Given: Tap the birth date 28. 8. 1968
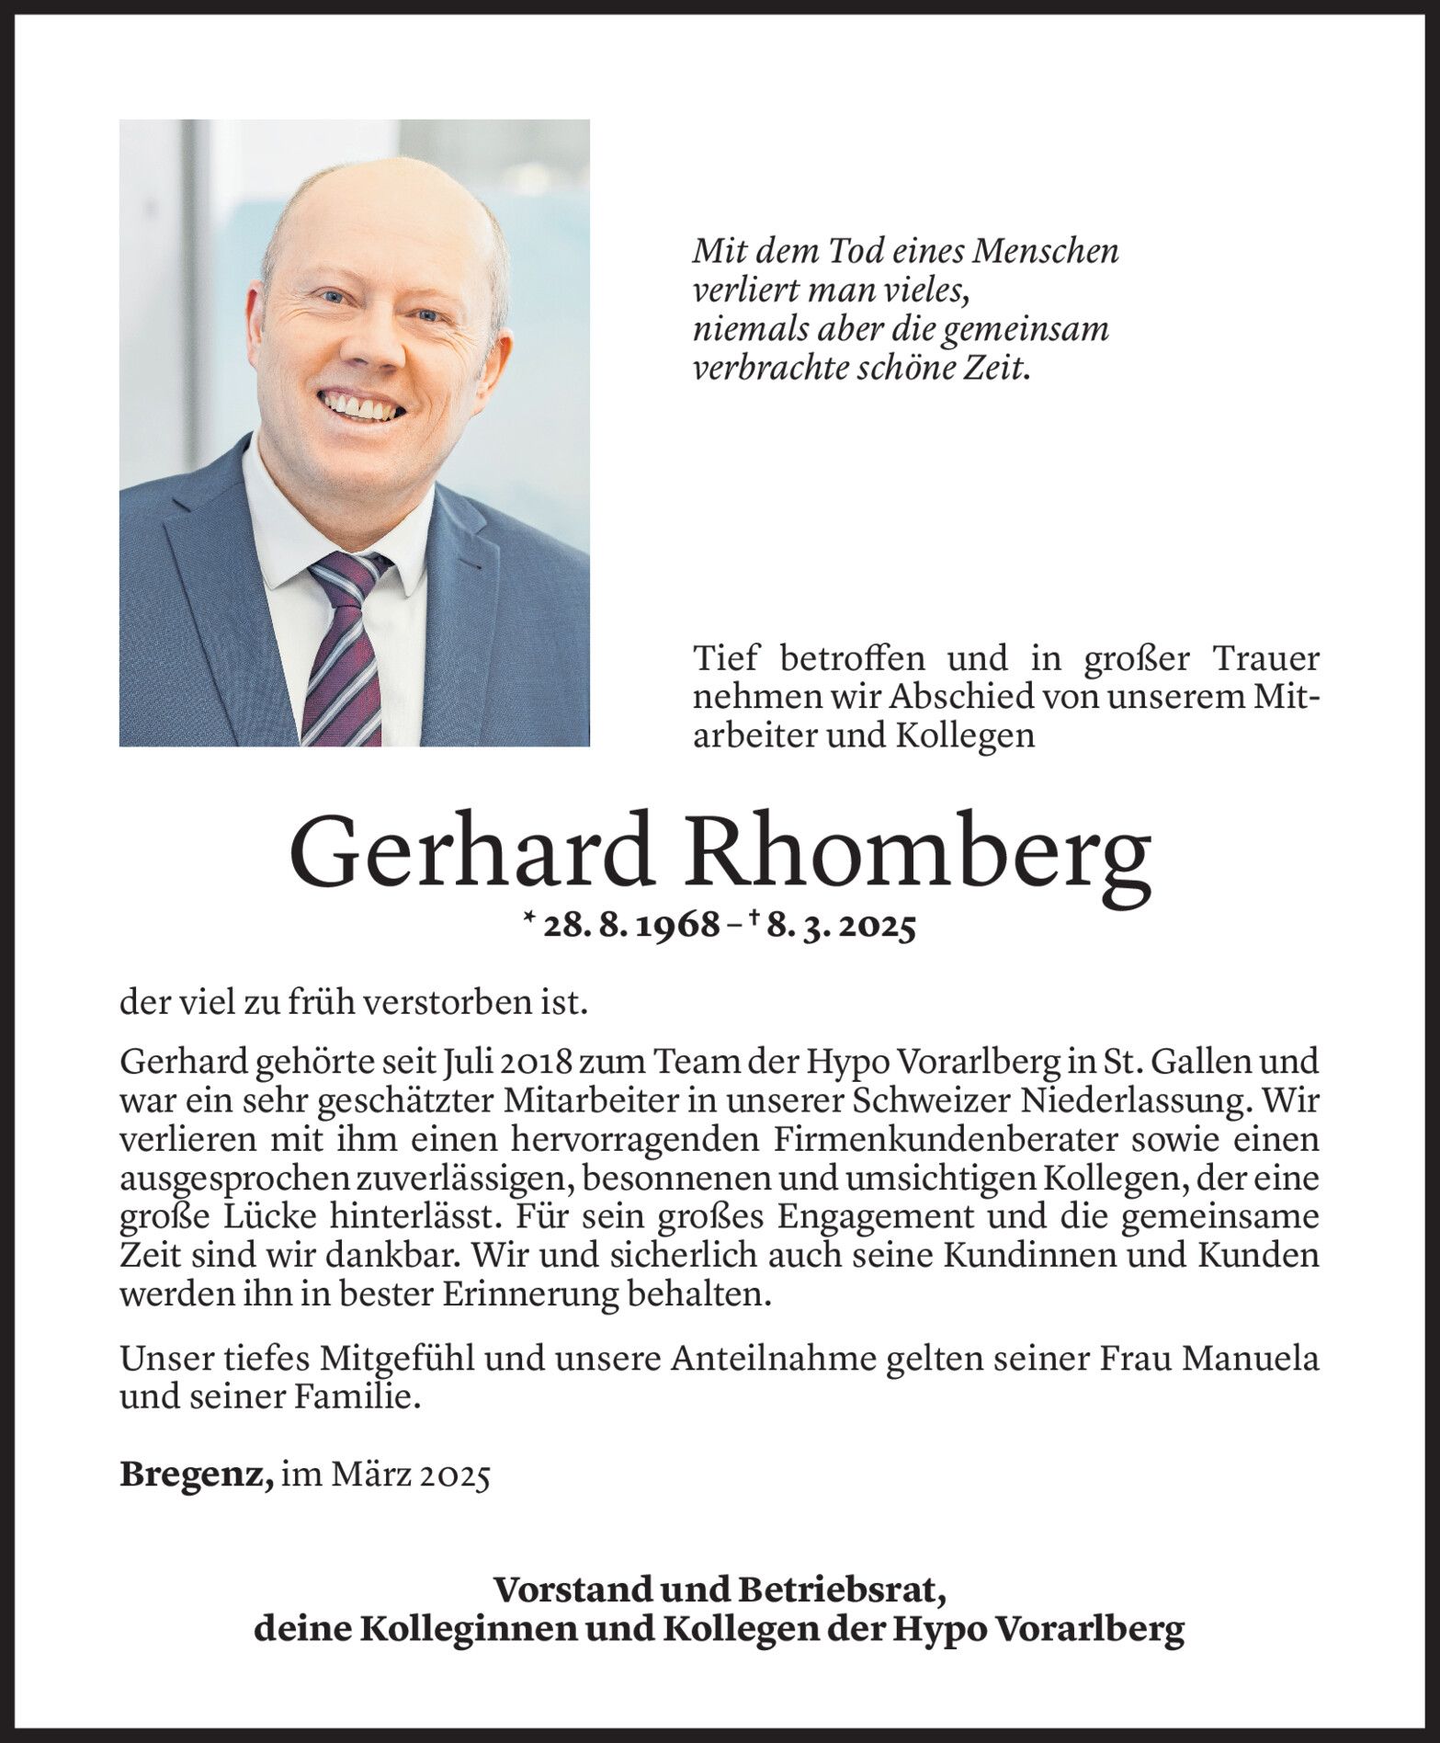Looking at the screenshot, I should [631, 926].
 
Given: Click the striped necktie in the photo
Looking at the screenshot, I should [345, 644].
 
